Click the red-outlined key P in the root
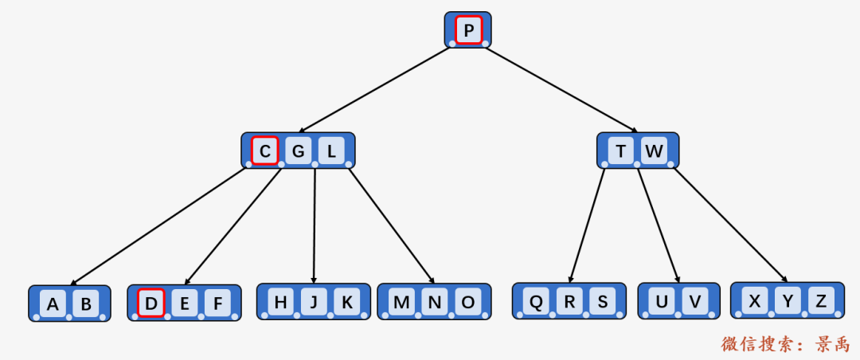coord(469,30)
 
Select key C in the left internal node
coord(265,150)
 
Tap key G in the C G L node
coord(299,150)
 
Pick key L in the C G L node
coord(331,150)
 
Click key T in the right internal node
coord(621,150)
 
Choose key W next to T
coord(653,150)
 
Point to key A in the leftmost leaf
coord(53,303)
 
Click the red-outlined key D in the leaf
coord(151,303)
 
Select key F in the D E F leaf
coord(217,303)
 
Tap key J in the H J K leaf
coord(314,302)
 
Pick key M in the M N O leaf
coord(402,302)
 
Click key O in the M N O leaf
coord(468,302)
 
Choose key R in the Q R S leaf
coord(570,302)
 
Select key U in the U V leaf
coord(663,302)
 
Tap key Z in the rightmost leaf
coord(820,301)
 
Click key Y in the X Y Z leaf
coord(788,301)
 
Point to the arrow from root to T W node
coord(561,89)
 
